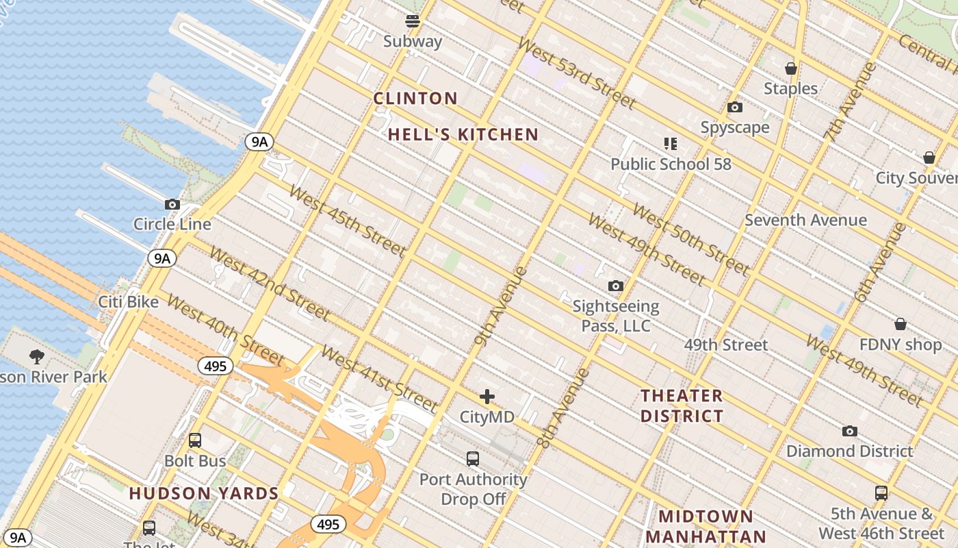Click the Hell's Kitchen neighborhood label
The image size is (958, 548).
coord(463,135)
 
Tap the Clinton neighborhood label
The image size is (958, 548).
coord(415,99)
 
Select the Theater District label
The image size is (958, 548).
coord(682,406)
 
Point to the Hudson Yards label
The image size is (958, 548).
coord(204,493)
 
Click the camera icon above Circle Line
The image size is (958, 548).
coord(172,204)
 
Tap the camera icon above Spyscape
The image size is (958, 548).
coord(735,108)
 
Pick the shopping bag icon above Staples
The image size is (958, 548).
coord(791,68)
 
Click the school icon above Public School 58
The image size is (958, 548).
coord(671,144)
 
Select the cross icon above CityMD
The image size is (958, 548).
coord(487,397)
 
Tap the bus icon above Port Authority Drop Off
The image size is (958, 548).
coord(473,459)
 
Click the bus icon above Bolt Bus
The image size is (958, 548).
coord(195,440)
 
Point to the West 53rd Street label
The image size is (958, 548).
coord(576,72)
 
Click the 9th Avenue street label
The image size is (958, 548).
coord(502,306)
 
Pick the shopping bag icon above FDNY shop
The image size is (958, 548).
coord(901,324)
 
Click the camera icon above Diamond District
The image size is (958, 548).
coord(850,431)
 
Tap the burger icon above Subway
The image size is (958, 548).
coord(413,21)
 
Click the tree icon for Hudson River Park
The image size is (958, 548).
coord(37,356)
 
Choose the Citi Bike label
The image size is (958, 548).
coord(128,302)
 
